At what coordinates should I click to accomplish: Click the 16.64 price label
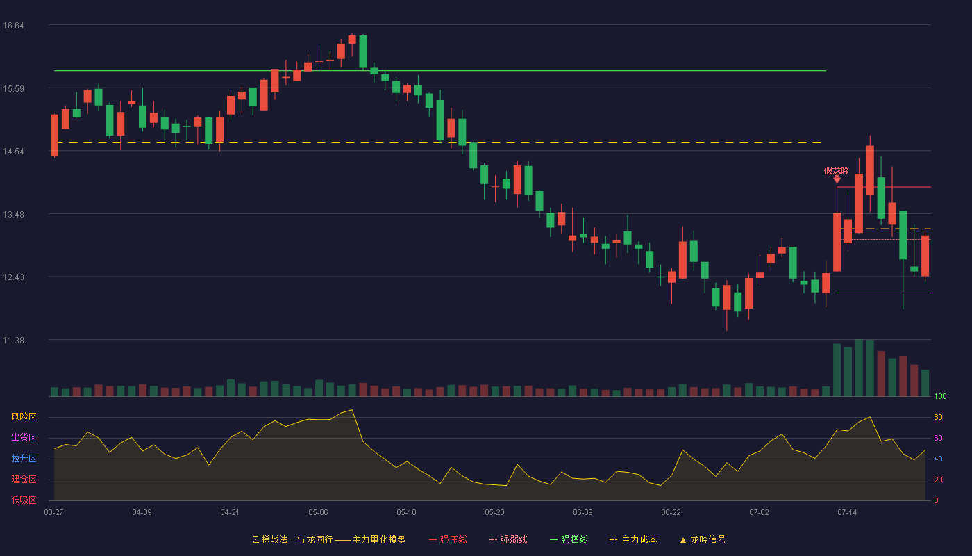tap(13, 26)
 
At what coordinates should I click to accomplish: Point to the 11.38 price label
tap(13, 341)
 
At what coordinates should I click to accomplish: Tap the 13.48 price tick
tap(13, 215)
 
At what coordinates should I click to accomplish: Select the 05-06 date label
tap(318, 513)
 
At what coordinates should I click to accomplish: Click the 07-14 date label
tap(847, 513)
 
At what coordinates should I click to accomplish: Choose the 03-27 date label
tap(53, 513)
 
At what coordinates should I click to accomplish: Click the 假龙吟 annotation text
tap(836, 170)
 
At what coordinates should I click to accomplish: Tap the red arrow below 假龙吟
tap(837, 179)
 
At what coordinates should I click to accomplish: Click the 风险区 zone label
tap(24, 417)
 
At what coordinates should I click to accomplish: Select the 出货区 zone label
tap(24, 437)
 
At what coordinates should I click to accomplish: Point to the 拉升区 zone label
tap(24, 458)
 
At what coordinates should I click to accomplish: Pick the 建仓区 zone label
tap(24, 479)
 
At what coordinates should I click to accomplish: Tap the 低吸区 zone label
tap(24, 500)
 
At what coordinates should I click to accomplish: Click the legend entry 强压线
tap(448, 539)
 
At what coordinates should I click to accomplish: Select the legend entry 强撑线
tap(569, 539)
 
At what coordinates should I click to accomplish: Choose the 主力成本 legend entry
tap(633, 539)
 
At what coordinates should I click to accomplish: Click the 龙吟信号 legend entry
tap(703, 539)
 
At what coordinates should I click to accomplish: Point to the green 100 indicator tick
tap(940, 396)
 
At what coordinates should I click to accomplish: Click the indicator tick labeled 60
tap(938, 438)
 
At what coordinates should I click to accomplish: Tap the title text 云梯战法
tap(269, 539)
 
